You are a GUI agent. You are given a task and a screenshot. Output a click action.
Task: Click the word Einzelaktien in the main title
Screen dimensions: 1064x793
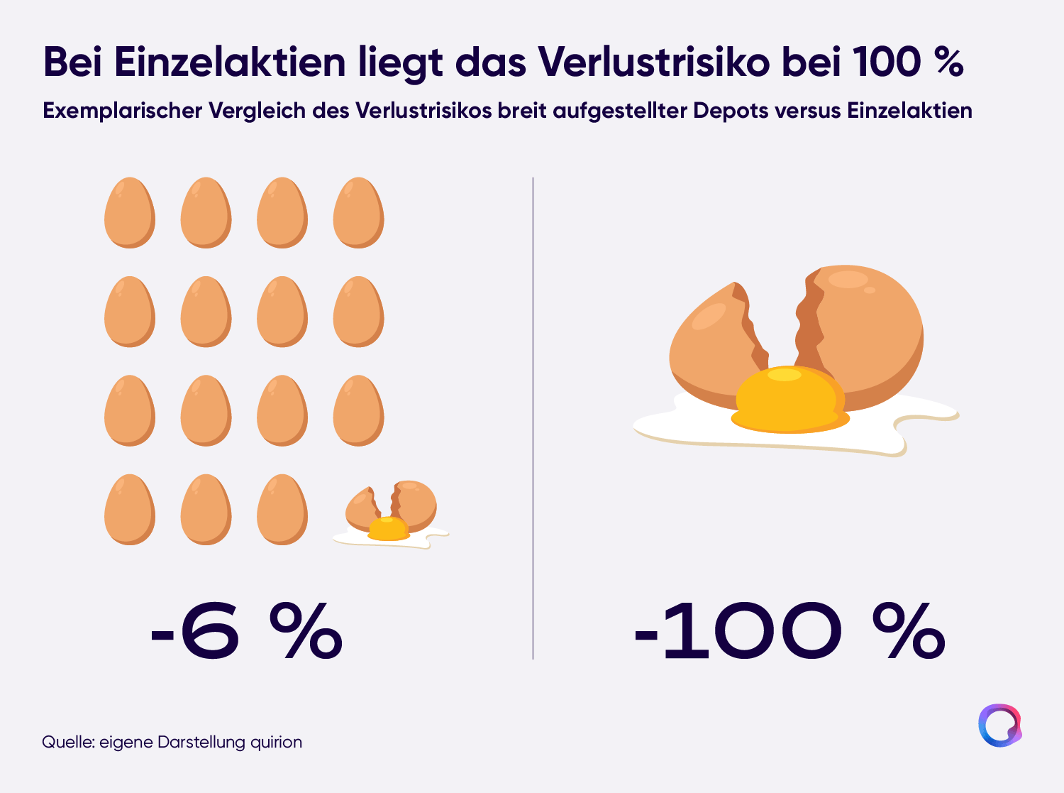230,62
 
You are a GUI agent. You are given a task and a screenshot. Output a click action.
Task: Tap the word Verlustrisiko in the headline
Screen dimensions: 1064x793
653,62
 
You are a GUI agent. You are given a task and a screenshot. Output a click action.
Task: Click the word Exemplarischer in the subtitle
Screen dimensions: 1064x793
122,111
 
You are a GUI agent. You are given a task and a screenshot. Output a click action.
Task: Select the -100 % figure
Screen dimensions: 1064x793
789,630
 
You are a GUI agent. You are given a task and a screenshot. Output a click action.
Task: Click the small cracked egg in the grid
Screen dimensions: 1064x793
390,514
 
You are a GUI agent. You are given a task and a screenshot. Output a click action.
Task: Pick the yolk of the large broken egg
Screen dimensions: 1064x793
789,400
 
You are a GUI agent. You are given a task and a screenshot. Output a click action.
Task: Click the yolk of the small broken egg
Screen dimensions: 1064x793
389,528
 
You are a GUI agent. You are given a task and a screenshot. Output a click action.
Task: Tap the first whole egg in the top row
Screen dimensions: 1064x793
130,213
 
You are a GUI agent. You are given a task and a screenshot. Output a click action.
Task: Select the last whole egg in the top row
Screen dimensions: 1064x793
358,213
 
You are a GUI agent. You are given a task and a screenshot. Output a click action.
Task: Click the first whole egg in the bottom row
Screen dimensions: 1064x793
130,510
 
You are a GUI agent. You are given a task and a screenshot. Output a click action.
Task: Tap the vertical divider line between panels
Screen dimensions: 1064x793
533,418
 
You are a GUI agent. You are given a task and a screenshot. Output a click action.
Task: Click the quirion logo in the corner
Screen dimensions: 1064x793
1000,726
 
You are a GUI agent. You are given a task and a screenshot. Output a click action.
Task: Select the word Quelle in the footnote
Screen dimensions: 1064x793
68,743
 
